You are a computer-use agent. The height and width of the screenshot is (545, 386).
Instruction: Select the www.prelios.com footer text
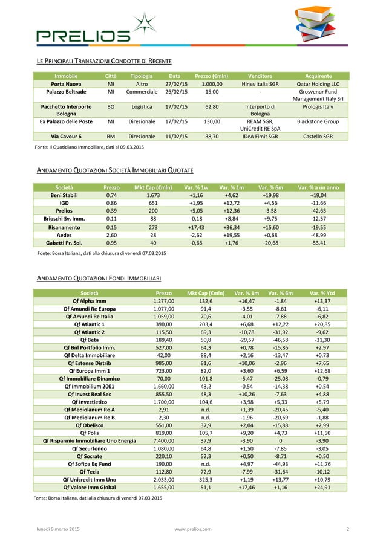(192, 530)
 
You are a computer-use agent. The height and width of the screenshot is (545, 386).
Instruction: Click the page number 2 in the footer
(348, 530)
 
